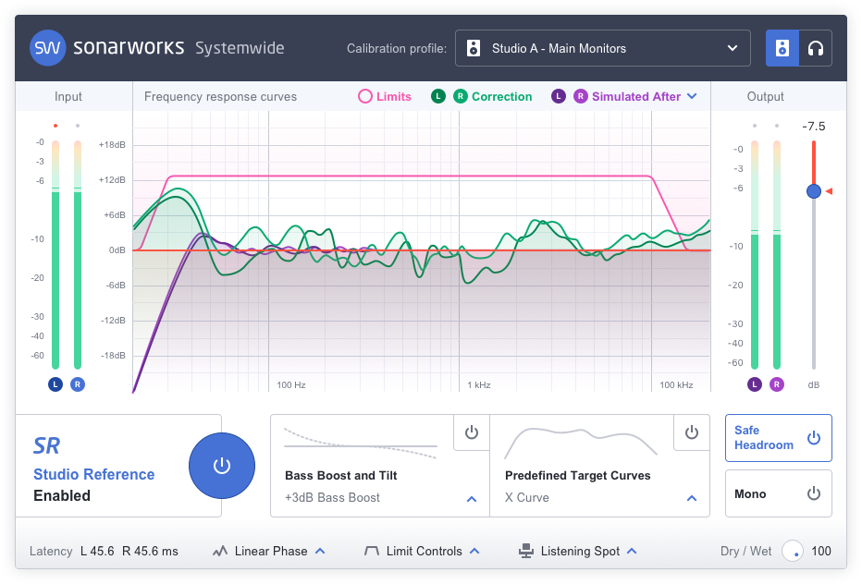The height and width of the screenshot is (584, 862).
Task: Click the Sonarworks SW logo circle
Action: pyautogui.click(x=48, y=48)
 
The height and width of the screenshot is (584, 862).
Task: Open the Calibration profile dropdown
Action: pyautogui.click(x=602, y=48)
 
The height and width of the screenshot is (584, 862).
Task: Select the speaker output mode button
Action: pyautogui.click(x=782, y=48)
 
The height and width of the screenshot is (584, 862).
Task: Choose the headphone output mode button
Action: pyautogui.click(x=815, y=48)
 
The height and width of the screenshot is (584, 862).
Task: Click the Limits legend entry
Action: pyautogui.click(x=385, y=96)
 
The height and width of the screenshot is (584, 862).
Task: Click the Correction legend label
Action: pyautogui.click(x=501, y=96)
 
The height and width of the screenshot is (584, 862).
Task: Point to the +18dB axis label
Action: pyautogui.click(x=113, y=144)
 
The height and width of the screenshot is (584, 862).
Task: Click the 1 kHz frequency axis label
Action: pyautogui.click(x=478, y=384)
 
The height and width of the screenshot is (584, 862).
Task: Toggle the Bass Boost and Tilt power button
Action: pyautogui.click(x=472, y=432)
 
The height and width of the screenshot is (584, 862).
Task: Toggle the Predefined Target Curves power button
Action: pyautogui.click(x=692, y=432)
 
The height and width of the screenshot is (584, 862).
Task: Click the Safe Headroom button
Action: pyautogui.click(x=778, y=438)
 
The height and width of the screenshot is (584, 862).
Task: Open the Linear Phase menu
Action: pyautogui.click(x=271, y=551)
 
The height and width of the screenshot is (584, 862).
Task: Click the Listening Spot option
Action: pyautogui.click(x=579, y=551)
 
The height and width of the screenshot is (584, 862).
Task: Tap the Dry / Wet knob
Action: pyautogui.click(x=793, y=551)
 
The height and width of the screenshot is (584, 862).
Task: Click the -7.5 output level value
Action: pyautogui.click(x=814, y=126)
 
